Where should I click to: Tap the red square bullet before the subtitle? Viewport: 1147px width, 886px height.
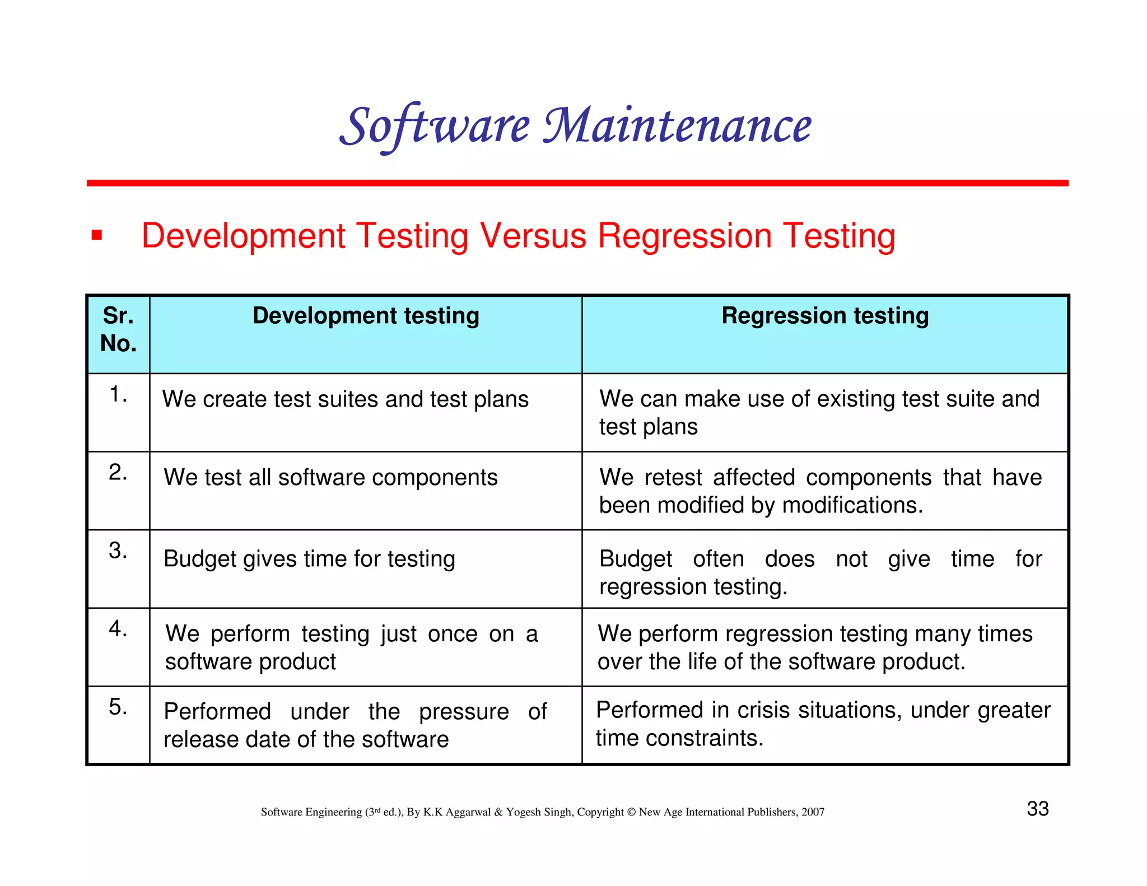[x=97, y=235]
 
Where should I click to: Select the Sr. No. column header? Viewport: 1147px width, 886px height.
[x=118, y=329]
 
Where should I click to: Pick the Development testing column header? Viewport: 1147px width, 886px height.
[x=366, y=316]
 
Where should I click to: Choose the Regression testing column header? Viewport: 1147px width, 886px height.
[x=825, y=316]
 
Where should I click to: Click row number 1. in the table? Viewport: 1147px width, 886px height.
[x=118, y=394]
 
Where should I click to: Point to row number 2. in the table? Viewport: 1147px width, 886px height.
[x=118, y=472]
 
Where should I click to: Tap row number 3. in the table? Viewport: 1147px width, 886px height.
[x=118, y=551]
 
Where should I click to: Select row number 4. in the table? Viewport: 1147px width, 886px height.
[x=118, y=628]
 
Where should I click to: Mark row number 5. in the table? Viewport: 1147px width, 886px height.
[x=118, y=707]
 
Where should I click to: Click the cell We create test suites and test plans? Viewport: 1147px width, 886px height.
[x=345, y=399]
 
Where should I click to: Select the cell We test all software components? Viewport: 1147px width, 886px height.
[x=330, y=478]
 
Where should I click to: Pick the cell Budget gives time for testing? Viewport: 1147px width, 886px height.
[x=309, y=559]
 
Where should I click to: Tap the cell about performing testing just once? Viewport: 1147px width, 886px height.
[x=351, y=647]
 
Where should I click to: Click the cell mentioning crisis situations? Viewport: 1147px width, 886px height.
[x=823, y=724]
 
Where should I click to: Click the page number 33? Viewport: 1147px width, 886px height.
[x=1037, y=809]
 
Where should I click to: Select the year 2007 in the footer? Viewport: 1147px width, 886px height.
[x=813, y=812]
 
